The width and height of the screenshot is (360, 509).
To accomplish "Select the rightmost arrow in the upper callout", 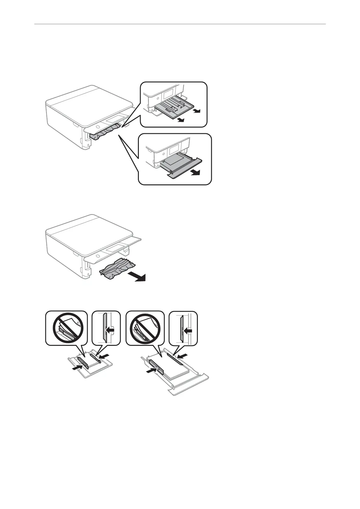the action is pyautogui.click(x=197, y=111).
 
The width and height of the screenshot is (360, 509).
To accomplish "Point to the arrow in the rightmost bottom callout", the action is pyautogui.click(x=188, y=331).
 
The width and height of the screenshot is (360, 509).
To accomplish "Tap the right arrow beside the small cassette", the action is pyautogui.click(x=103, y=357).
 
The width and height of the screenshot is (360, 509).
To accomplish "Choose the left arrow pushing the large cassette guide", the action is pyautogui.click(x=151, y=370).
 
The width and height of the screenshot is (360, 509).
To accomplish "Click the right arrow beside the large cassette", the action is pyautogui.click(x=182, y=355).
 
